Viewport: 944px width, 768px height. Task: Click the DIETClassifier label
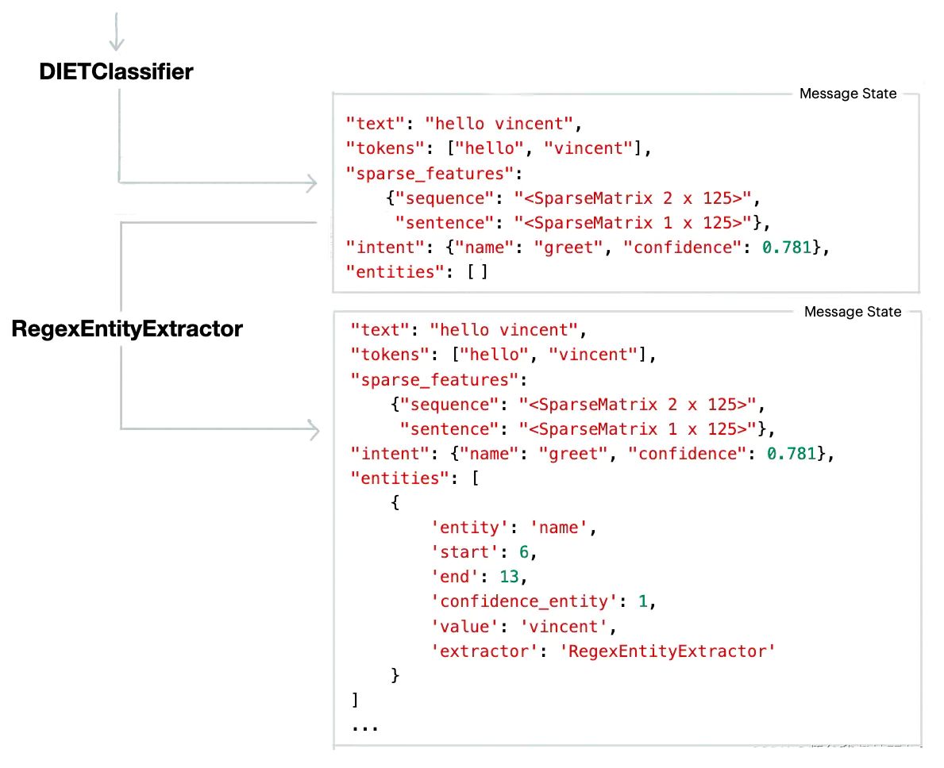[116, 71]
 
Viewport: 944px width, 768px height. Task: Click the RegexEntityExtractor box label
[127, 328]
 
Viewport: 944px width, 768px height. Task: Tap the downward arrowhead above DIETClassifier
[117, 43]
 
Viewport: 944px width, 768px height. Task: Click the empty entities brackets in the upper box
[477, 271]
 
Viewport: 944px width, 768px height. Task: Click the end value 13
[509, 577]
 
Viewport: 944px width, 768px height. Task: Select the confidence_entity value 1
[643, 601]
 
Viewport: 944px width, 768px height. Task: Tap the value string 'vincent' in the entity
[564, 626]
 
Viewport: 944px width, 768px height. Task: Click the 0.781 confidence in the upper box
[788, 247]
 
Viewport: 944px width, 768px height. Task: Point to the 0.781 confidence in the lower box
[792, 453]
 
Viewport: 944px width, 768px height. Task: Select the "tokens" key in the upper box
[380, 148]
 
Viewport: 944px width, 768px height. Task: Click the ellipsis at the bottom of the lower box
[364, 727]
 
